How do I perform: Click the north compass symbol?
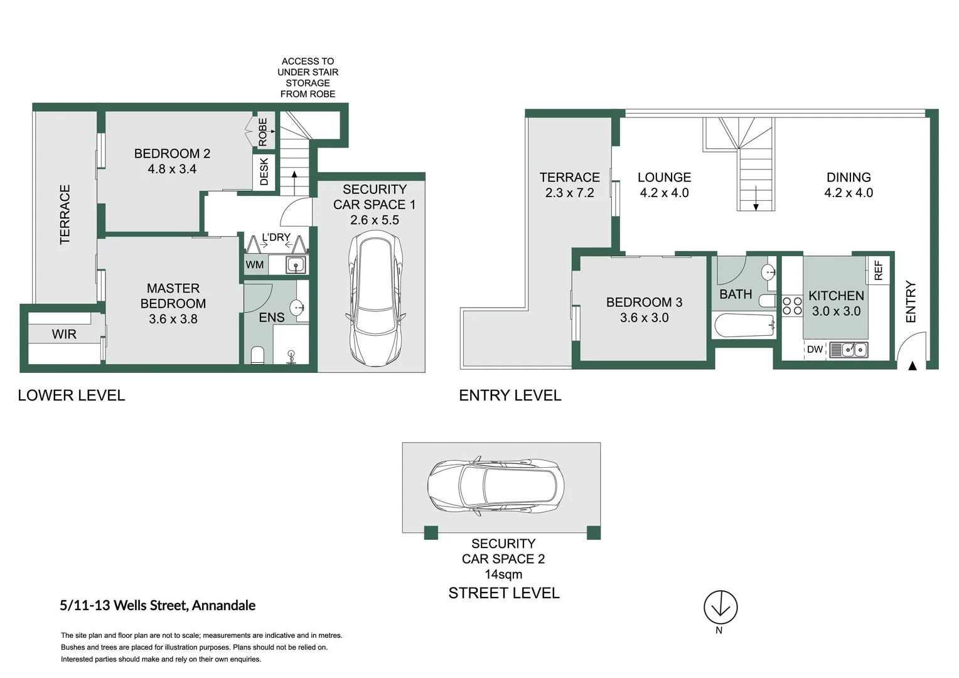click(x=720, y=607)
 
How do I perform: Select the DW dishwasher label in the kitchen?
click(x=815, y=350)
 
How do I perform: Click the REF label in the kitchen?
click(x=878, y=270)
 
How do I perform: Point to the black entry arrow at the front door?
click(x=913, y=365)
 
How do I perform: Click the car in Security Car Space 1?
click(x=375, y=301)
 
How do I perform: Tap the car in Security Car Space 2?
click(x=496, y=487)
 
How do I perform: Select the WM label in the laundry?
click(x=255, y=265)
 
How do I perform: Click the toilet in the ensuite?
click(x=257, y=355)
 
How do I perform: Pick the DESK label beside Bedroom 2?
click(x=264, y=171)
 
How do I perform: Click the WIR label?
click(x=64, y=335)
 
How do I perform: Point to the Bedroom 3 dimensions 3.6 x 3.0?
click(x=644, y=318)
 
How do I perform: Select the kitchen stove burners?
click(x=792, y=306)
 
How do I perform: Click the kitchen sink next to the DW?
click(x=849, y=350)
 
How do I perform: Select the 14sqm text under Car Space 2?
click(x=503, y=574)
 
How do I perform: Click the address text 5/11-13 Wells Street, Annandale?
click(x=158, y=606)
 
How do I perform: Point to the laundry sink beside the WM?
click(x=296, y=265)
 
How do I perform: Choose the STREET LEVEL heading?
click(x=504, y=593)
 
